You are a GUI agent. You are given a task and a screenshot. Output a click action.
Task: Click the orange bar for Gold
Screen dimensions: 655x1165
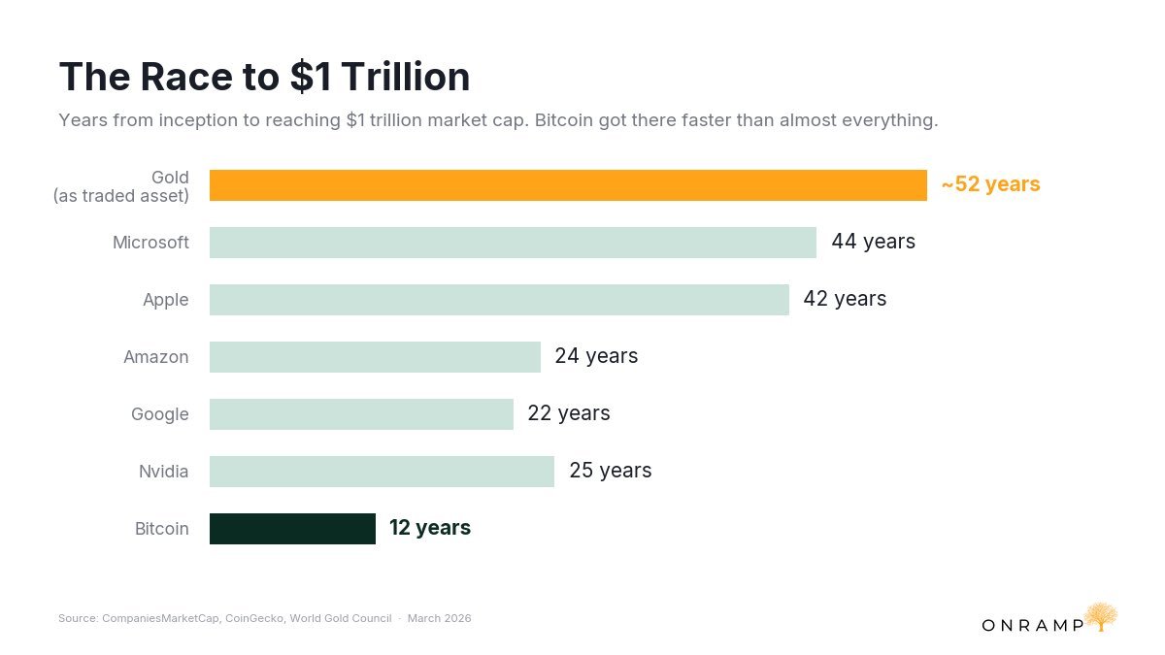(568, 185)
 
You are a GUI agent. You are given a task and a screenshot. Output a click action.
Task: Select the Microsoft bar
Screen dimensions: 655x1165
(513, 243)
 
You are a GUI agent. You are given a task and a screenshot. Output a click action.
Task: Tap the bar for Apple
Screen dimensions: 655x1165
(499, 300)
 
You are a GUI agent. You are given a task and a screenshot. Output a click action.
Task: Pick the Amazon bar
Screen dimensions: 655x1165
(375, 357)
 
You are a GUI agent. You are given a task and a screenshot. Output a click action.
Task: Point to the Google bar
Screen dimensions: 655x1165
(361, 414)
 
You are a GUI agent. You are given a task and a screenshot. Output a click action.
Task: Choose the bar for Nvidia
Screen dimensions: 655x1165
(382, 472)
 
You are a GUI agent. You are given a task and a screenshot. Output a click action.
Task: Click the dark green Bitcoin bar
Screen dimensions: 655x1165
(292, 529)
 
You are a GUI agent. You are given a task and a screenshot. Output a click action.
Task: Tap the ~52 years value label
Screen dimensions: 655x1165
(990, 184)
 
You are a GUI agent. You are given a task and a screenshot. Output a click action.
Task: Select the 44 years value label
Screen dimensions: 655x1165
(873, 242)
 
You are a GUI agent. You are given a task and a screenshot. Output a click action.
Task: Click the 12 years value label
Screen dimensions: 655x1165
(430, 528)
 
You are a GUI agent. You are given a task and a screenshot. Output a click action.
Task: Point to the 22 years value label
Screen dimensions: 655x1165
(569, 413)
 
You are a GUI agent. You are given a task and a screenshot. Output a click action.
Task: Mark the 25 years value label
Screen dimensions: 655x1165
(610, 471)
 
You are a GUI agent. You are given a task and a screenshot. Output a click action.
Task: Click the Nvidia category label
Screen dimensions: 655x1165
(164, 472)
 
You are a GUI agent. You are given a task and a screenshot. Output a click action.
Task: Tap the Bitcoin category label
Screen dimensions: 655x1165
(162, 529)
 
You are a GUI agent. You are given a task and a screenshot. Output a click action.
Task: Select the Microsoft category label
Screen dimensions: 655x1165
(150, 243)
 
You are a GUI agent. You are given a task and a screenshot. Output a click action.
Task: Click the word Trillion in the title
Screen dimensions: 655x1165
(407, 78)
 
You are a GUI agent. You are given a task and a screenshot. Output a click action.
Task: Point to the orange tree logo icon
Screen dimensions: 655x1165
(1101, 616)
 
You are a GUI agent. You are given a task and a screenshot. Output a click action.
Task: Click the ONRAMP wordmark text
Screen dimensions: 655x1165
(1032, 625)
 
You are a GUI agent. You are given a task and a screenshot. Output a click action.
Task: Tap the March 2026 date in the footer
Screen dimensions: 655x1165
(439, 618)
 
